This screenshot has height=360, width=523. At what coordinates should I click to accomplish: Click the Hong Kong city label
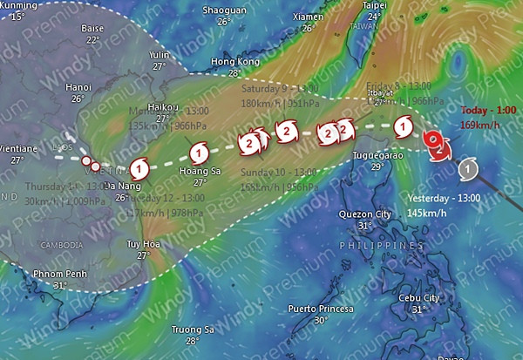pyautogui.click(x=235, y=62)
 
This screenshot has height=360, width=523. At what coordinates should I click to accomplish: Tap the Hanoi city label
pyautogui.click(x=78, y=87)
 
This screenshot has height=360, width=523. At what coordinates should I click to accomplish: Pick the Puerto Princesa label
pyautogui.click(x=321, y=309)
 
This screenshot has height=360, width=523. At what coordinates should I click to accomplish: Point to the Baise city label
pyautogui.click(x=92, y=29)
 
